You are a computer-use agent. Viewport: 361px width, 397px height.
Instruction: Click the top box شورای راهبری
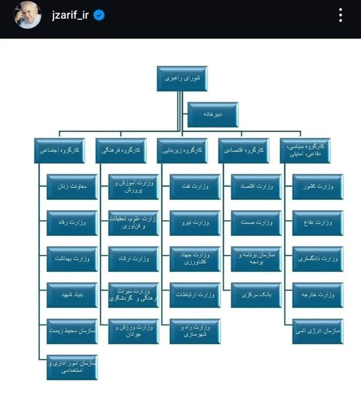[182, 78]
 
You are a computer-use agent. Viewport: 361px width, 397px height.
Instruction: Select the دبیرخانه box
[213, 115]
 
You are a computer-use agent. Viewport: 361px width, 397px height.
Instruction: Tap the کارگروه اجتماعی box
[59, 151]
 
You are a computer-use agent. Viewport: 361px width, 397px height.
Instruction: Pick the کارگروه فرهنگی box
[121, 151]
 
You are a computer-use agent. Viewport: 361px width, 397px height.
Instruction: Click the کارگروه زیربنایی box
[182, 151]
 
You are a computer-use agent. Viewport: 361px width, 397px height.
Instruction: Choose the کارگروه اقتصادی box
[244, 151]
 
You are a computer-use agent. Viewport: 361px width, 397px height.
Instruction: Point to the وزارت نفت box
[195, 187]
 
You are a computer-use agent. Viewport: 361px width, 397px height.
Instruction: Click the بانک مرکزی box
[256, 295]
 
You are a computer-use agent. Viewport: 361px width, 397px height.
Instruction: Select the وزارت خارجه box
[318, 295]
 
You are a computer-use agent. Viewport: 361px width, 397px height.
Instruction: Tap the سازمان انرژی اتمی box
[318, 331]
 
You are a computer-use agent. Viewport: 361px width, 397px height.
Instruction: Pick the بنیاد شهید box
[72, 295]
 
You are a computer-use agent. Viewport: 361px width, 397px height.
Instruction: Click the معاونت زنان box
[72, 187]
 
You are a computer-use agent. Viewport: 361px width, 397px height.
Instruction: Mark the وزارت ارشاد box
[134, 259]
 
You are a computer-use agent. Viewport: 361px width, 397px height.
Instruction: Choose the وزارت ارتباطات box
[195, 295]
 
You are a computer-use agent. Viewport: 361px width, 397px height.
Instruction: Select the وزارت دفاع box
[318, 223]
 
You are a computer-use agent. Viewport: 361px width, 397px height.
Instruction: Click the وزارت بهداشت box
[72, 259]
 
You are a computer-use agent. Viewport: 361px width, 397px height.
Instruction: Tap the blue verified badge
[99, 15]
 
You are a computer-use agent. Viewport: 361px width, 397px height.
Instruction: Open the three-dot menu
[341, 15]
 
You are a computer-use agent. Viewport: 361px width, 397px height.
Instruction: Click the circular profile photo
[28, 15]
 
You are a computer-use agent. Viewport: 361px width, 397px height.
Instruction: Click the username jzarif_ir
[70, 15]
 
